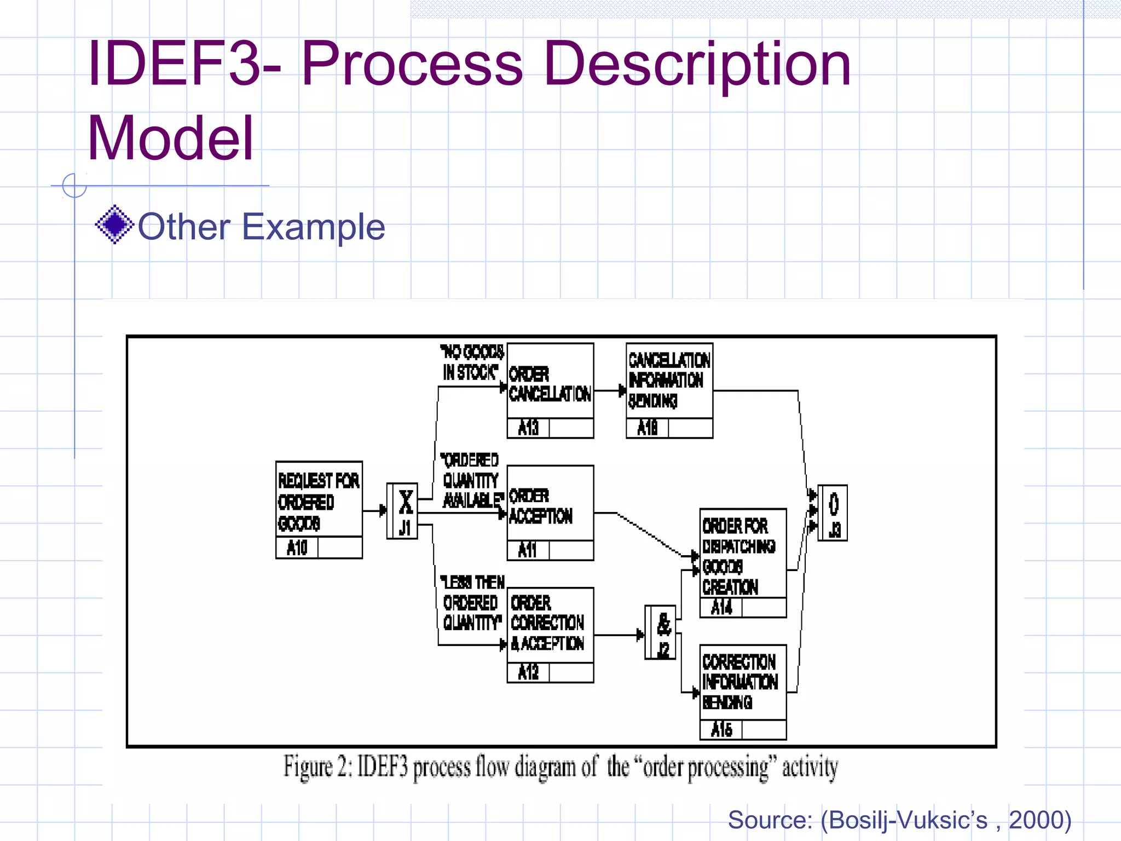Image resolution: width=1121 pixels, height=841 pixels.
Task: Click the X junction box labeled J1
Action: [x=402, y=511]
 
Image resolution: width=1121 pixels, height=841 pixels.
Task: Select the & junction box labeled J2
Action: [x=660, y=632]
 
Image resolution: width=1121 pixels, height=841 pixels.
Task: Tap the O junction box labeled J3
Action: [x=833, y=513]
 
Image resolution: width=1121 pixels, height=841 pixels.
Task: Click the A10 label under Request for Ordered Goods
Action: [x=297, y=548]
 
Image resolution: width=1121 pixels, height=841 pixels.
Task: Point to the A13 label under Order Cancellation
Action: [x=528, y=428]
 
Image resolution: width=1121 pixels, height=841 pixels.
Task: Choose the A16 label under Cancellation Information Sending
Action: [x=648, y=428]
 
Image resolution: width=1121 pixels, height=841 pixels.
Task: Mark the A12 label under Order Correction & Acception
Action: [x=528, y=672]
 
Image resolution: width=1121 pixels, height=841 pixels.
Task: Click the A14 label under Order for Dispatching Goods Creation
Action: [x=721, y=607]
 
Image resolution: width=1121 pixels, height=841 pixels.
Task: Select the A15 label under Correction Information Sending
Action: [x=721, y=729]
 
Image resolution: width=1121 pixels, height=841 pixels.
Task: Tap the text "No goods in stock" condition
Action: [x=472, y=362]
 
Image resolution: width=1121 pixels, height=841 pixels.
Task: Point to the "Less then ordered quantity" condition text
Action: [x=473, y=602]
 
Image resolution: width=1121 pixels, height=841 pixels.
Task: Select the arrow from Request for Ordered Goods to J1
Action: [x=374, y=511]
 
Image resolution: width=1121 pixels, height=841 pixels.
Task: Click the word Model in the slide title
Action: [x=170, y=138]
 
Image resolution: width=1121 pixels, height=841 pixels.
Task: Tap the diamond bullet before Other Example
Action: [x=114, y=224]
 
